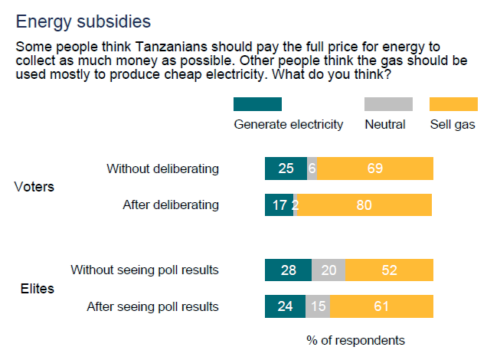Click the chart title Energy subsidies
[x=83, y=21]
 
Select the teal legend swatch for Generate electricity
[x=257, y=104]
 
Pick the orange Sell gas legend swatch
[x=453, y=104]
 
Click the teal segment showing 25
[x=286, y=169]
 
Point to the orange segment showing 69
[x=374, y=169]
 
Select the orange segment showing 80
[x=364, y=205]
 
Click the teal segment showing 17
[x=279, y=205]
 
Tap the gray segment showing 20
[x=328, y=270]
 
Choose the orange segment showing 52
[x=389, y=270]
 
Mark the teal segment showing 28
[x=288, y=270]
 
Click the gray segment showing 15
[x=318, y=306]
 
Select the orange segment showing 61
[x=381, y=306]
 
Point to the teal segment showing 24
[x=285, y=306]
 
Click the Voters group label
[x=34, y=187]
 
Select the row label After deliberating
[x=171, y=205]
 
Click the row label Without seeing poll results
[x=145, y=270]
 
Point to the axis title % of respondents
[x=355, y=340]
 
